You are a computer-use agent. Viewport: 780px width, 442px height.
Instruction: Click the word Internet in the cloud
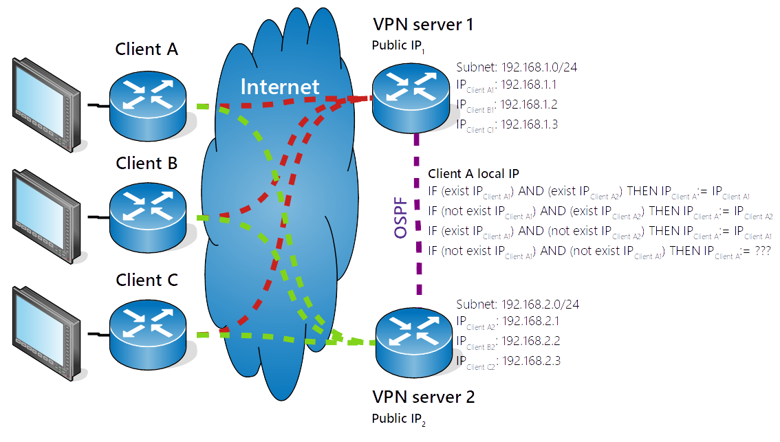[x=280, y=87]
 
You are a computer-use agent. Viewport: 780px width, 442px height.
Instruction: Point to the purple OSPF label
[x=401, y=219]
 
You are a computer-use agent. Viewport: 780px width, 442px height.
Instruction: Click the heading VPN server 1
[x=422, y=25]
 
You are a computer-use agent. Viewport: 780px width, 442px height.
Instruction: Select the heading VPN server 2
[x=423, y=397]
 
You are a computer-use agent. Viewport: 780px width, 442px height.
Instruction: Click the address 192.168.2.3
[x=532, y=361]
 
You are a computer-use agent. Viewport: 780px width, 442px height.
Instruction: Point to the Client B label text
[x=147, y=163]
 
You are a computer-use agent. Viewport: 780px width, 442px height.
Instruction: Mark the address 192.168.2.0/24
[x=540, y=304]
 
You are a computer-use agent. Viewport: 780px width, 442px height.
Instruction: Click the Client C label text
[x=147, y=280]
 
